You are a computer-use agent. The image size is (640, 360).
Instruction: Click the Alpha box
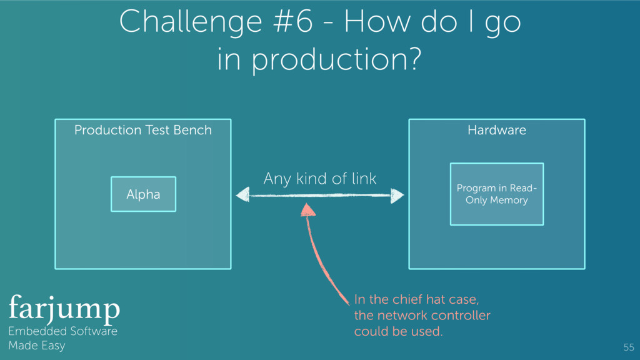[143, 194]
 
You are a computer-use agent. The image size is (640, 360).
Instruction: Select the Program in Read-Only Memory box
[496, 194]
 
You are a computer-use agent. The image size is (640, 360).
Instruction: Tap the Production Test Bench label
[142, 130]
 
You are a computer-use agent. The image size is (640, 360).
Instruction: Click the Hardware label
[496, 130]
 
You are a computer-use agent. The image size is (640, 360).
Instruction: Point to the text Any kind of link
[319, 179]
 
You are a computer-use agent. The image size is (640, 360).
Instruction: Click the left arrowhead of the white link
[242, 196]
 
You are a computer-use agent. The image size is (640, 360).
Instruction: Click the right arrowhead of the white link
[397, 196]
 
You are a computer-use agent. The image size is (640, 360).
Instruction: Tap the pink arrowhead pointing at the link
[307, 208]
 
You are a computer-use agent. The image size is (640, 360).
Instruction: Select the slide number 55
[628, 347]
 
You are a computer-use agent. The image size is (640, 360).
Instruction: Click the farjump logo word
[64, 308]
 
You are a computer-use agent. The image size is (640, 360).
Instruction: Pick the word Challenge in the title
[189, 24]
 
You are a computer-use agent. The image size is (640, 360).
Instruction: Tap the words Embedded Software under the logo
[62, 331]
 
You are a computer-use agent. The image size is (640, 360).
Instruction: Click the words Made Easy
[36, 345]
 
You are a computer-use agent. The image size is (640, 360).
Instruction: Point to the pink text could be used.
[398, 331]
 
